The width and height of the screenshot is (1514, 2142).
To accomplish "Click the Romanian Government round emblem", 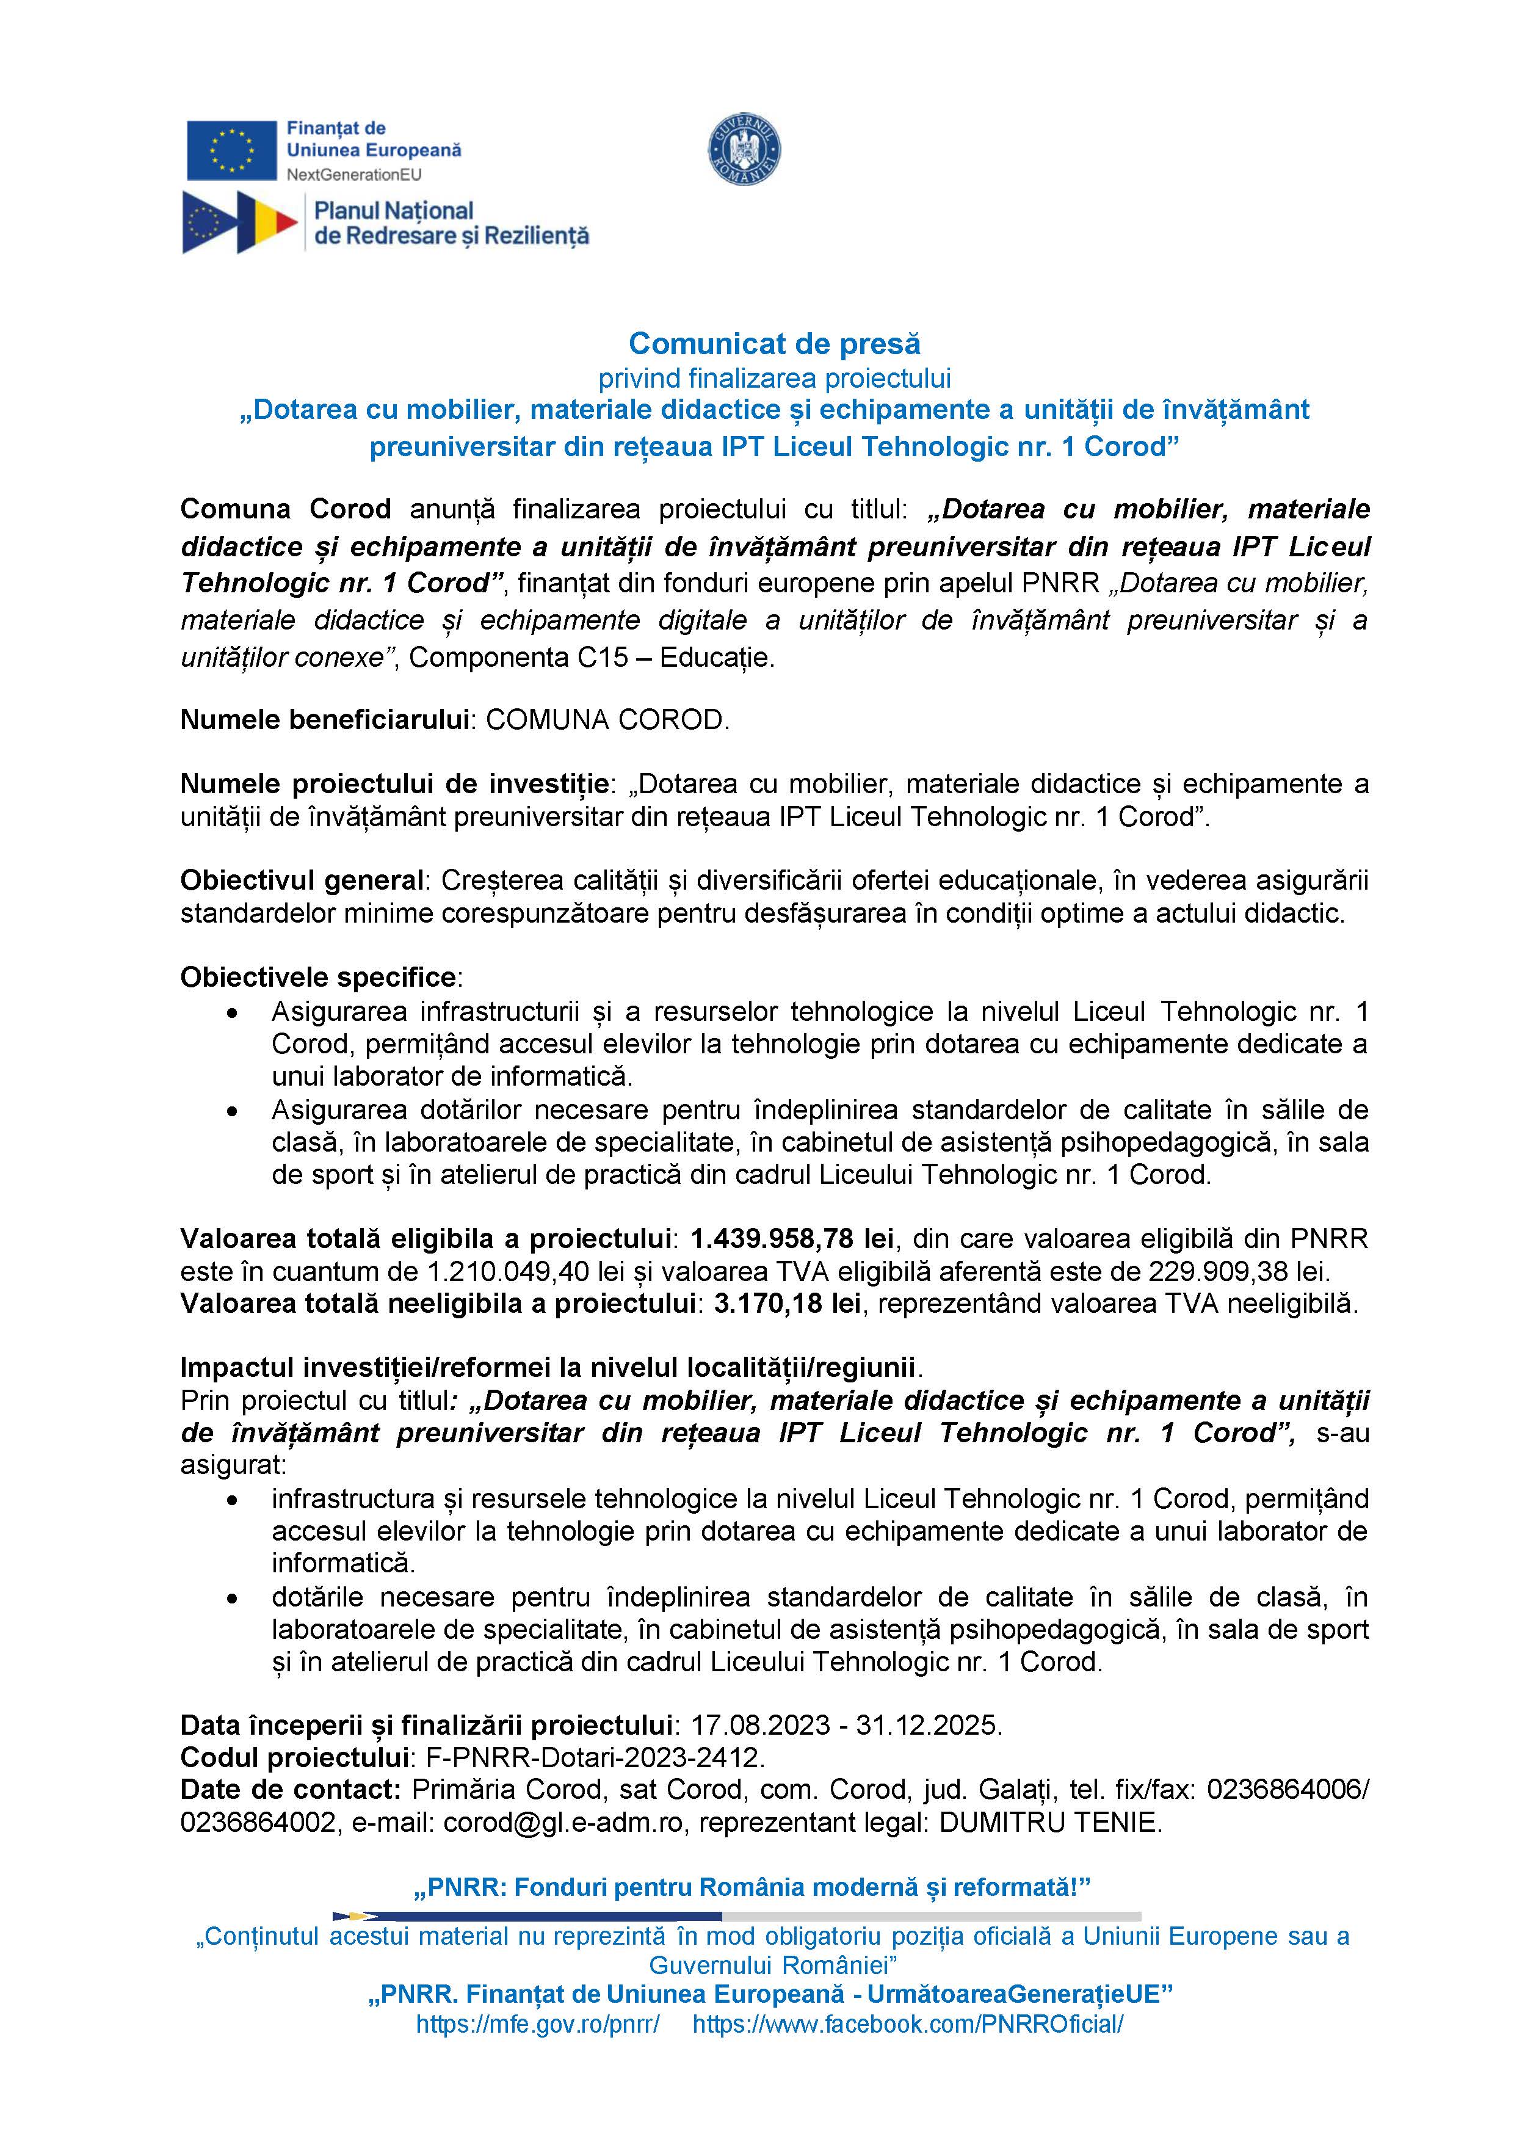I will (744, 149).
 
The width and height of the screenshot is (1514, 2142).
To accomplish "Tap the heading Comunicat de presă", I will (774, 343).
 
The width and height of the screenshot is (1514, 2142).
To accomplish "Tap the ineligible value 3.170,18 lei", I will (786, 1303).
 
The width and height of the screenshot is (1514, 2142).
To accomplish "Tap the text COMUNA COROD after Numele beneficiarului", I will (607, 719).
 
